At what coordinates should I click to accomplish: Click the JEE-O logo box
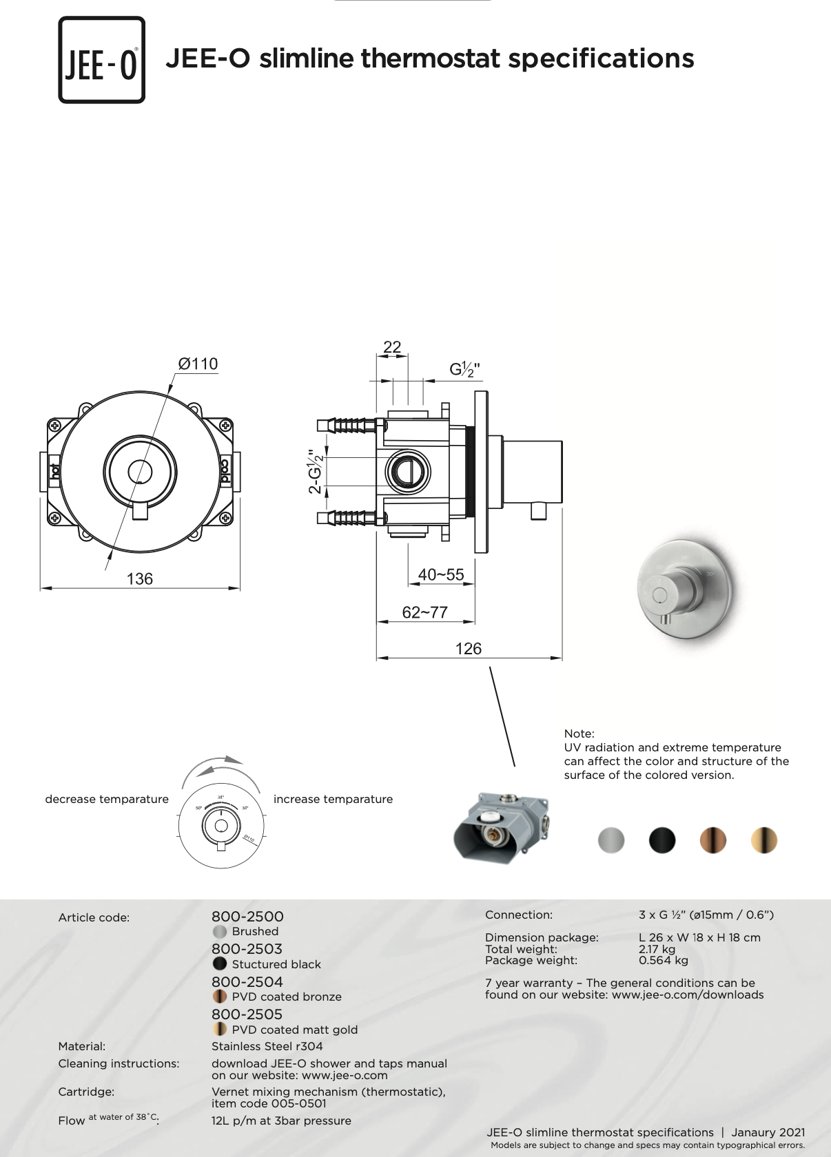[101, 59]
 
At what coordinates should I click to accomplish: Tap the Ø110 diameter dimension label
[198, 364]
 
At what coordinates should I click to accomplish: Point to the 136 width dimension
[139, 578]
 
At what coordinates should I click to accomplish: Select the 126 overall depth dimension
[469, 648]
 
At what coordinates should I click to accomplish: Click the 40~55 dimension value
[441, 574]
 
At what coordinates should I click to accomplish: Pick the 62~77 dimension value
[424, 612]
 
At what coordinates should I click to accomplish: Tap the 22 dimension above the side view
[391, 346]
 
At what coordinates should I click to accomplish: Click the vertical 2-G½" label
[316, 472]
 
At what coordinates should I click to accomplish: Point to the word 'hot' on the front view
[54, 471]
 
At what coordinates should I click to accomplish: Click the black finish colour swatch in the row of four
[662, 840]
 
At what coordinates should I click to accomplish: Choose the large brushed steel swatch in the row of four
[611, 840]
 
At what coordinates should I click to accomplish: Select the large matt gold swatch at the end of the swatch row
[763, 840]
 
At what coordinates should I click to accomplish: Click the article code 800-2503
[247, 949]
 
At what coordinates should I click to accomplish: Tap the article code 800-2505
[247, 1014]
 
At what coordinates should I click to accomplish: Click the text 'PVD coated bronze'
[287, 997]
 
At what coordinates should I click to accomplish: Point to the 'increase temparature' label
[333, 799]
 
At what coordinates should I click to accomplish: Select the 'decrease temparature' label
[107, 799]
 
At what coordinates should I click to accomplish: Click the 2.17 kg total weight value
[657, 949]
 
